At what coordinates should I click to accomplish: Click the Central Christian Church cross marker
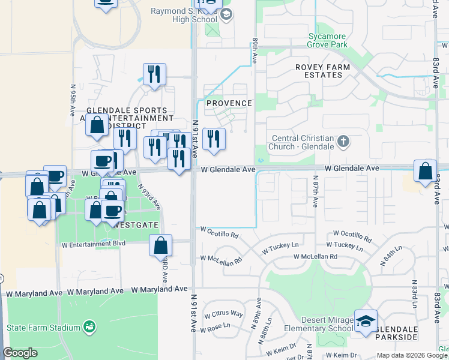tap(343, 142)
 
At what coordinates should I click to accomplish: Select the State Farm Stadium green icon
tap(89, 327)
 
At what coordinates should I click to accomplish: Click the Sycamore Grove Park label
tap(327, 40)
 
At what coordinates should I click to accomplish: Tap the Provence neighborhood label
tap(229, 103)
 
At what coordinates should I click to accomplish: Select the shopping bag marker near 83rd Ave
tap(425, 171)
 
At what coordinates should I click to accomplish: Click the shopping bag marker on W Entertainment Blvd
tap(161, 245)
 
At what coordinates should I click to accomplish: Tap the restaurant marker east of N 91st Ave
tap(214, 139)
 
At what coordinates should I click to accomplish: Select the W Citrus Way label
tap(223, 314)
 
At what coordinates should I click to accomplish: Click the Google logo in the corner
tap(20, 353)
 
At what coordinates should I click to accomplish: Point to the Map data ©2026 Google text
tap(412, 355)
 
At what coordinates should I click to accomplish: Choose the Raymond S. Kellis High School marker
tap(226, 14)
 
